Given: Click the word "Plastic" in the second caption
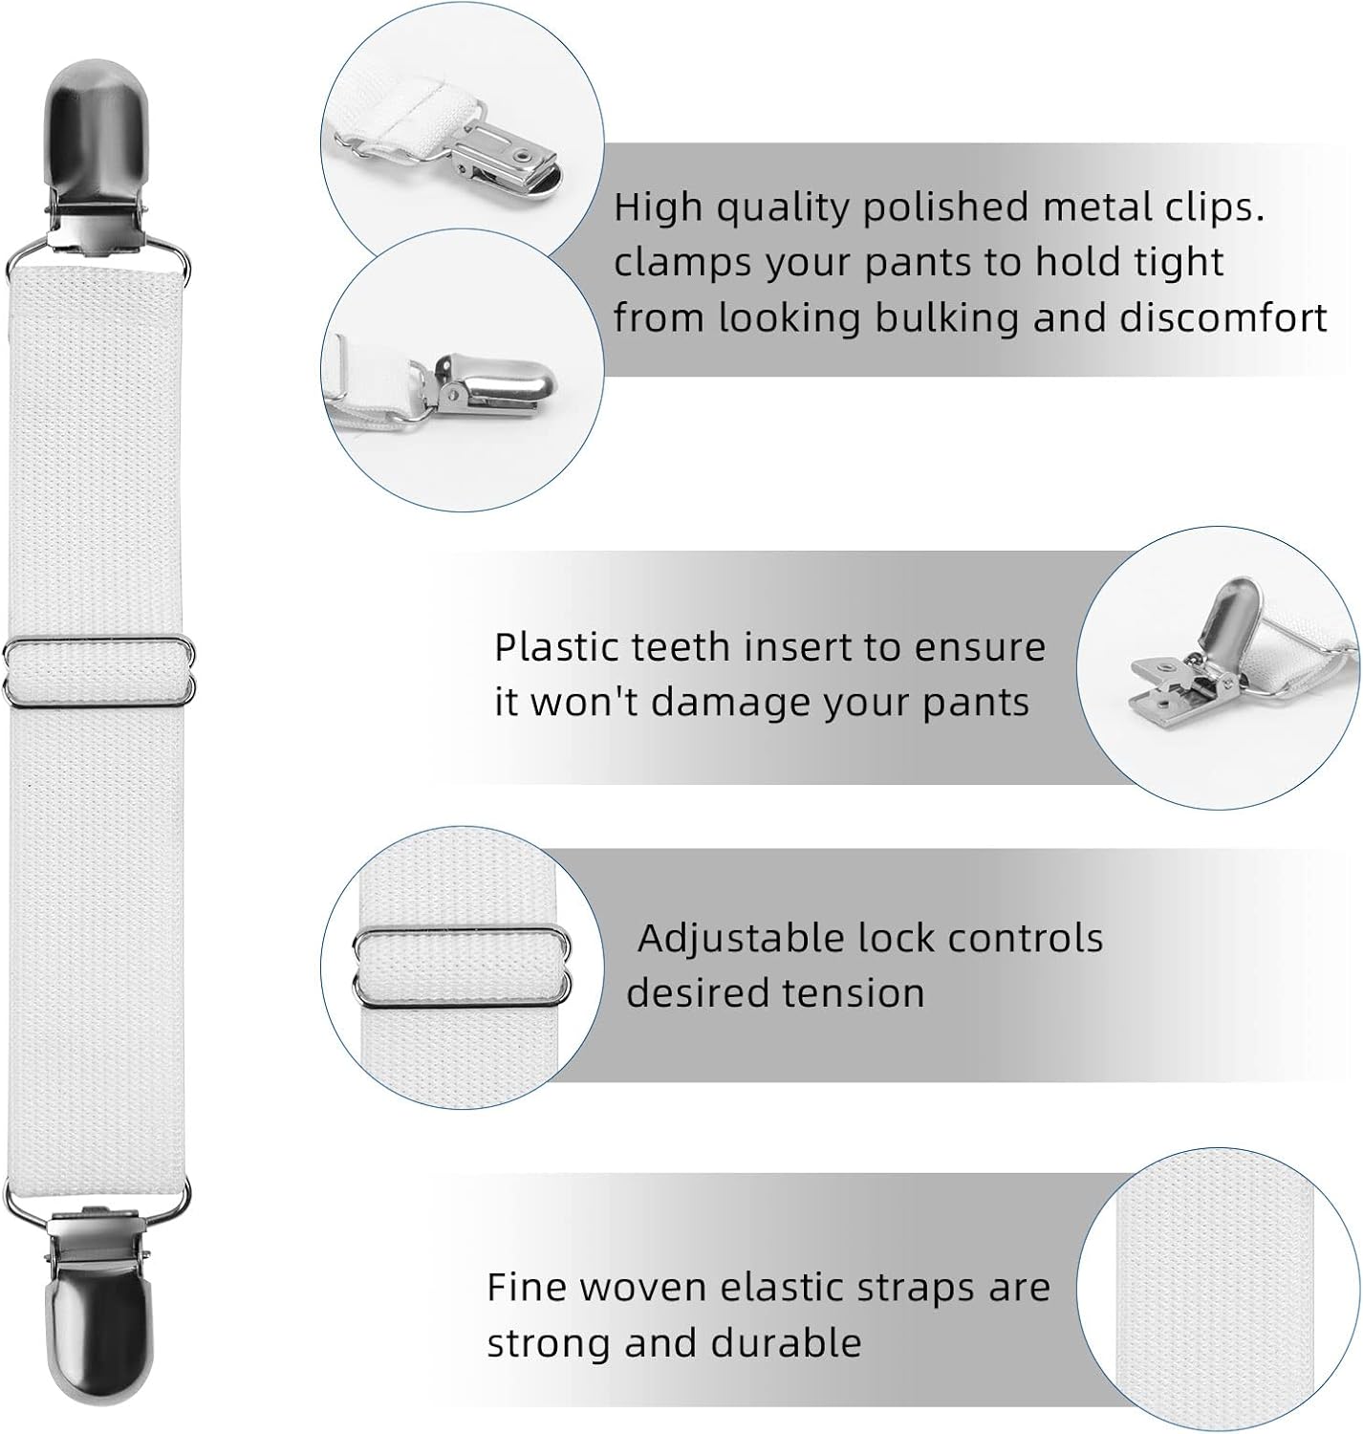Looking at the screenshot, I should tap(557, 647).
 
